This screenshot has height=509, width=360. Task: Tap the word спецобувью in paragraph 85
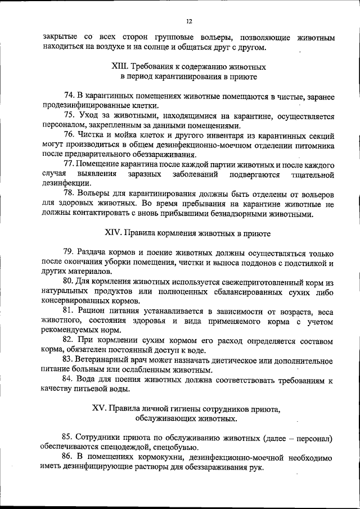click(175, 448)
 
